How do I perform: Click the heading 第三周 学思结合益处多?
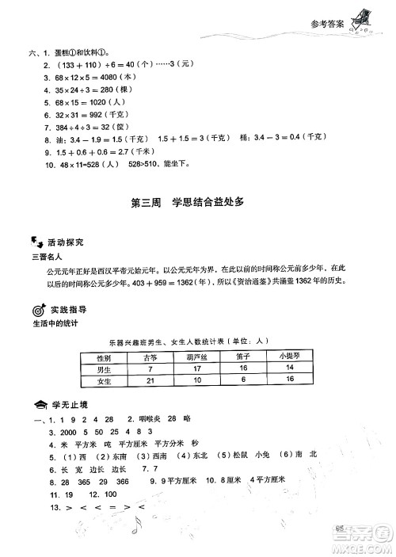197,202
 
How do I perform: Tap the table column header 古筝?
150,358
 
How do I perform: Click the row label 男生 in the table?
103,369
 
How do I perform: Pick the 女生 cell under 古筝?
150,381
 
